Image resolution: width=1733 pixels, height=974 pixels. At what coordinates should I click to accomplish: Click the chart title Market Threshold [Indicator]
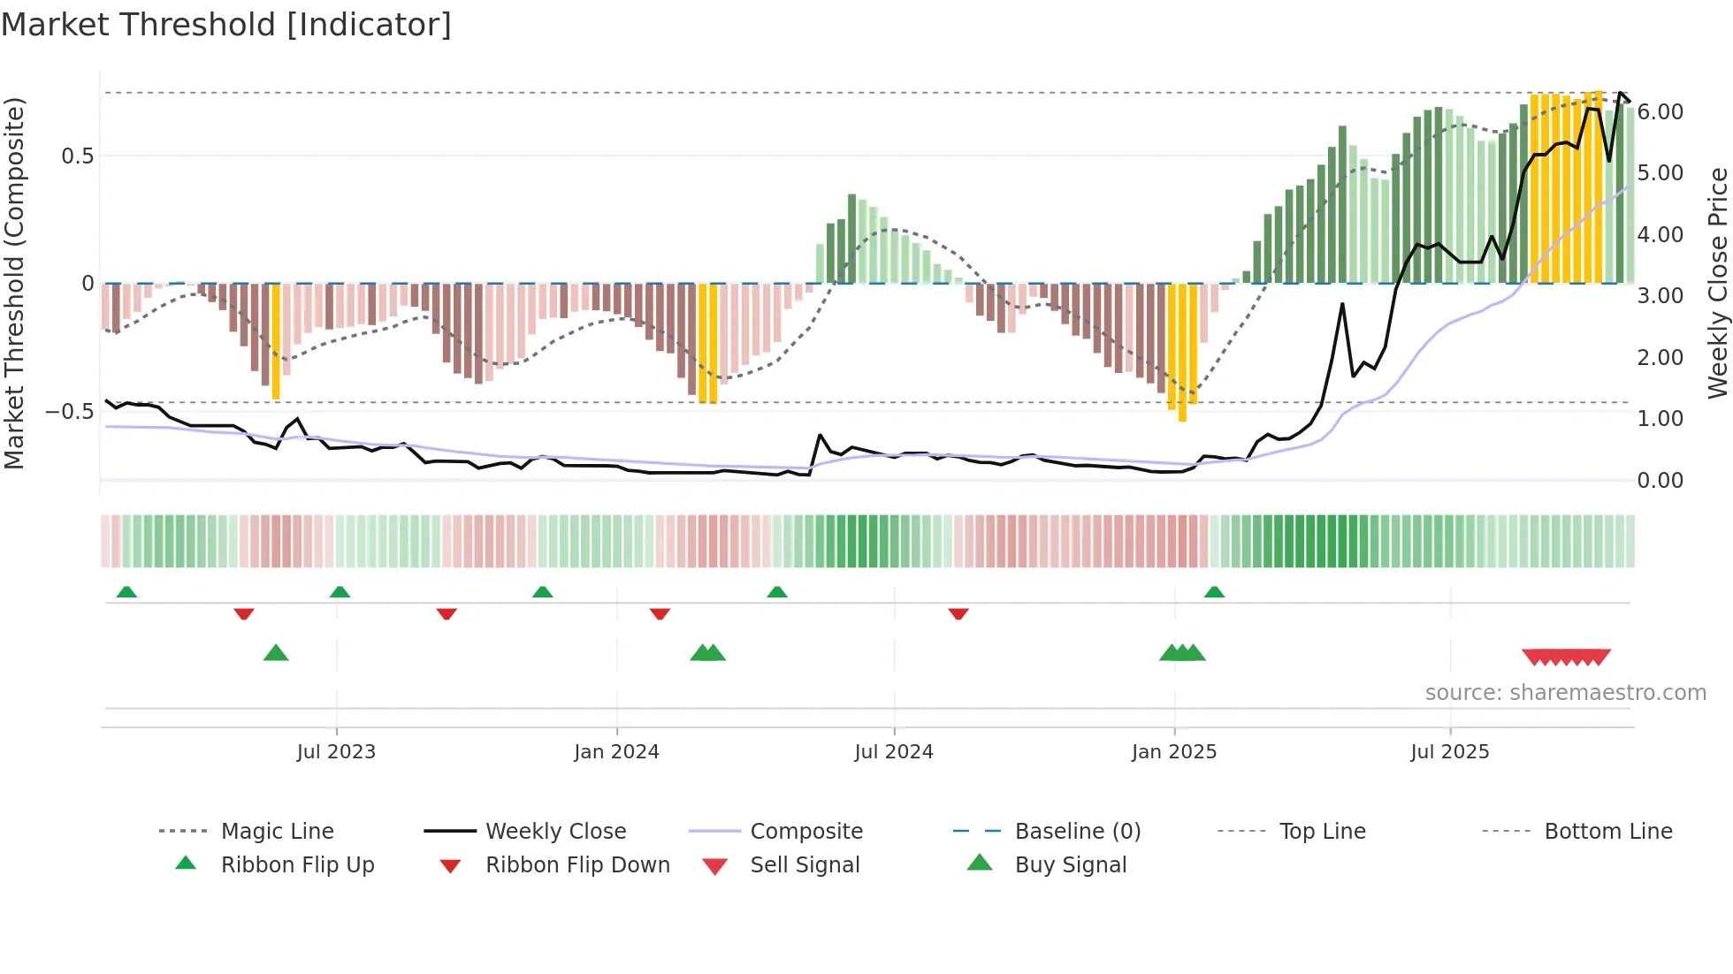pyautogui.click(x=226, y=25)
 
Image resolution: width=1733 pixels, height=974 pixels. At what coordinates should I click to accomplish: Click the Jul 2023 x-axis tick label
pyautogui.click(x=336, y=752)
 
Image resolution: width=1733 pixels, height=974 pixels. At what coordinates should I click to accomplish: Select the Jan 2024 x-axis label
pyautogui.click(x=616, y=752)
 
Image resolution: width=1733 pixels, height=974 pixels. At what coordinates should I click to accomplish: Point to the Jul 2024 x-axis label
pyautogui.click(x=893, y=752)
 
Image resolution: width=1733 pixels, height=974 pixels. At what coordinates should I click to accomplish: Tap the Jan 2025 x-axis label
pyautogui.click(x=1173, y=752)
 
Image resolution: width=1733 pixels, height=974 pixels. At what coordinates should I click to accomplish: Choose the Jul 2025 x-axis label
pyautogui.click(x=1449, y=752)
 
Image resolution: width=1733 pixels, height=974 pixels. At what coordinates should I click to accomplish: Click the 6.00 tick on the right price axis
pyautogui.click(x=1660, y=112)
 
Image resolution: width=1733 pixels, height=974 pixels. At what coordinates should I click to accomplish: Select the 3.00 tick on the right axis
pyautogui.click(x=1660, y=296)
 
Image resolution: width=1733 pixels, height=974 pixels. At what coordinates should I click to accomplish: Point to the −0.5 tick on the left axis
pyautogui.click(x=69, y=412)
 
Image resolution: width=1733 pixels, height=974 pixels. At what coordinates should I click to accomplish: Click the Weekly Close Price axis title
pyautogui.click(x=1717, y=283)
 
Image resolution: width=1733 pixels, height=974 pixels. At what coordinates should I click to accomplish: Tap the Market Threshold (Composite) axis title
pyautogui.click(x=14, y=283)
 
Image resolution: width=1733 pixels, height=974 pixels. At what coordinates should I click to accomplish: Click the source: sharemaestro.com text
pyautogui.click(x=1565, y=693)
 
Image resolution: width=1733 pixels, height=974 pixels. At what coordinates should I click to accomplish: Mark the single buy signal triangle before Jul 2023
pyautogui.click(x=276, y=653)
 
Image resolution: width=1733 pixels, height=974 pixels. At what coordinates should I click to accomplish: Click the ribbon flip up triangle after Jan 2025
pyautogui.click(x=1214, y=592)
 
